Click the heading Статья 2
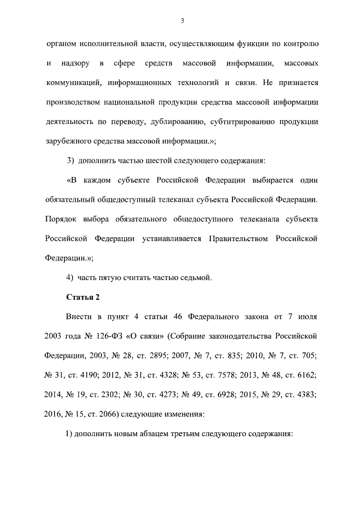[83, 298]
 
